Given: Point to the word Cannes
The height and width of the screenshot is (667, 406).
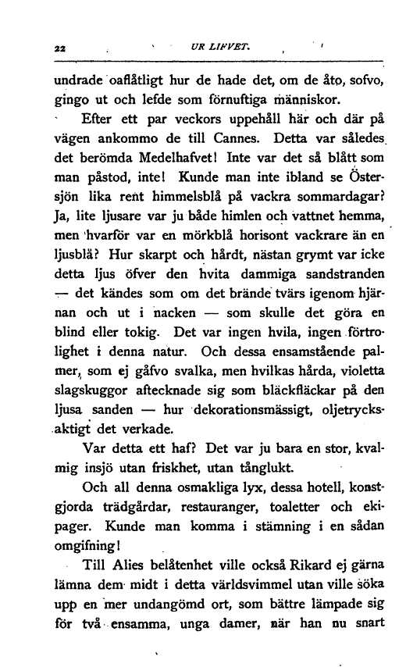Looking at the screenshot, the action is [247, 144].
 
